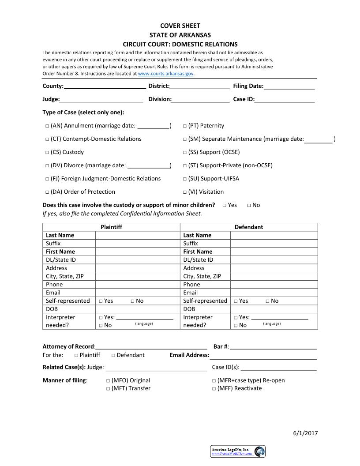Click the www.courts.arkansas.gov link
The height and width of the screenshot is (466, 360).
[166, 74]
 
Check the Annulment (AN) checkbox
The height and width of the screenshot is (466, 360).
[47, 126]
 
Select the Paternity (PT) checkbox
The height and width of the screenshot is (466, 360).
[185, 126]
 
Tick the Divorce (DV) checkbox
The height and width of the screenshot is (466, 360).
[47, 166]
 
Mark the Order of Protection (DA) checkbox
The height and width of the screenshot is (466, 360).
[47, 192]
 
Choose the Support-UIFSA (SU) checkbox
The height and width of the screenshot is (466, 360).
[185, 179]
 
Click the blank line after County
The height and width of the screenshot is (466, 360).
[105, 86]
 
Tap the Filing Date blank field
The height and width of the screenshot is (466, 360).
[289, 86]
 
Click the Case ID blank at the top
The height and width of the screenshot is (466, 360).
[285, 99]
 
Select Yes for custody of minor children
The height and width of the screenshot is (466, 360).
[225, 205]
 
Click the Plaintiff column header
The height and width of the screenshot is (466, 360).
[111, 227]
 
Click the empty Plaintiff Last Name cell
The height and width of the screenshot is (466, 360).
[138, 235]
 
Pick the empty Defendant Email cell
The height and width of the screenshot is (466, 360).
[274, 293]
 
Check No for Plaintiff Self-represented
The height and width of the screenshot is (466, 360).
[132, 301]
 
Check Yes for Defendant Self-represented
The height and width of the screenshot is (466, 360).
[236, 301]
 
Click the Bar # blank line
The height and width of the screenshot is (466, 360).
[273, 346]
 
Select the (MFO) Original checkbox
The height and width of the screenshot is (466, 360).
[108, 381]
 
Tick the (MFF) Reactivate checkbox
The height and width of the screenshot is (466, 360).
[214, 389]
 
